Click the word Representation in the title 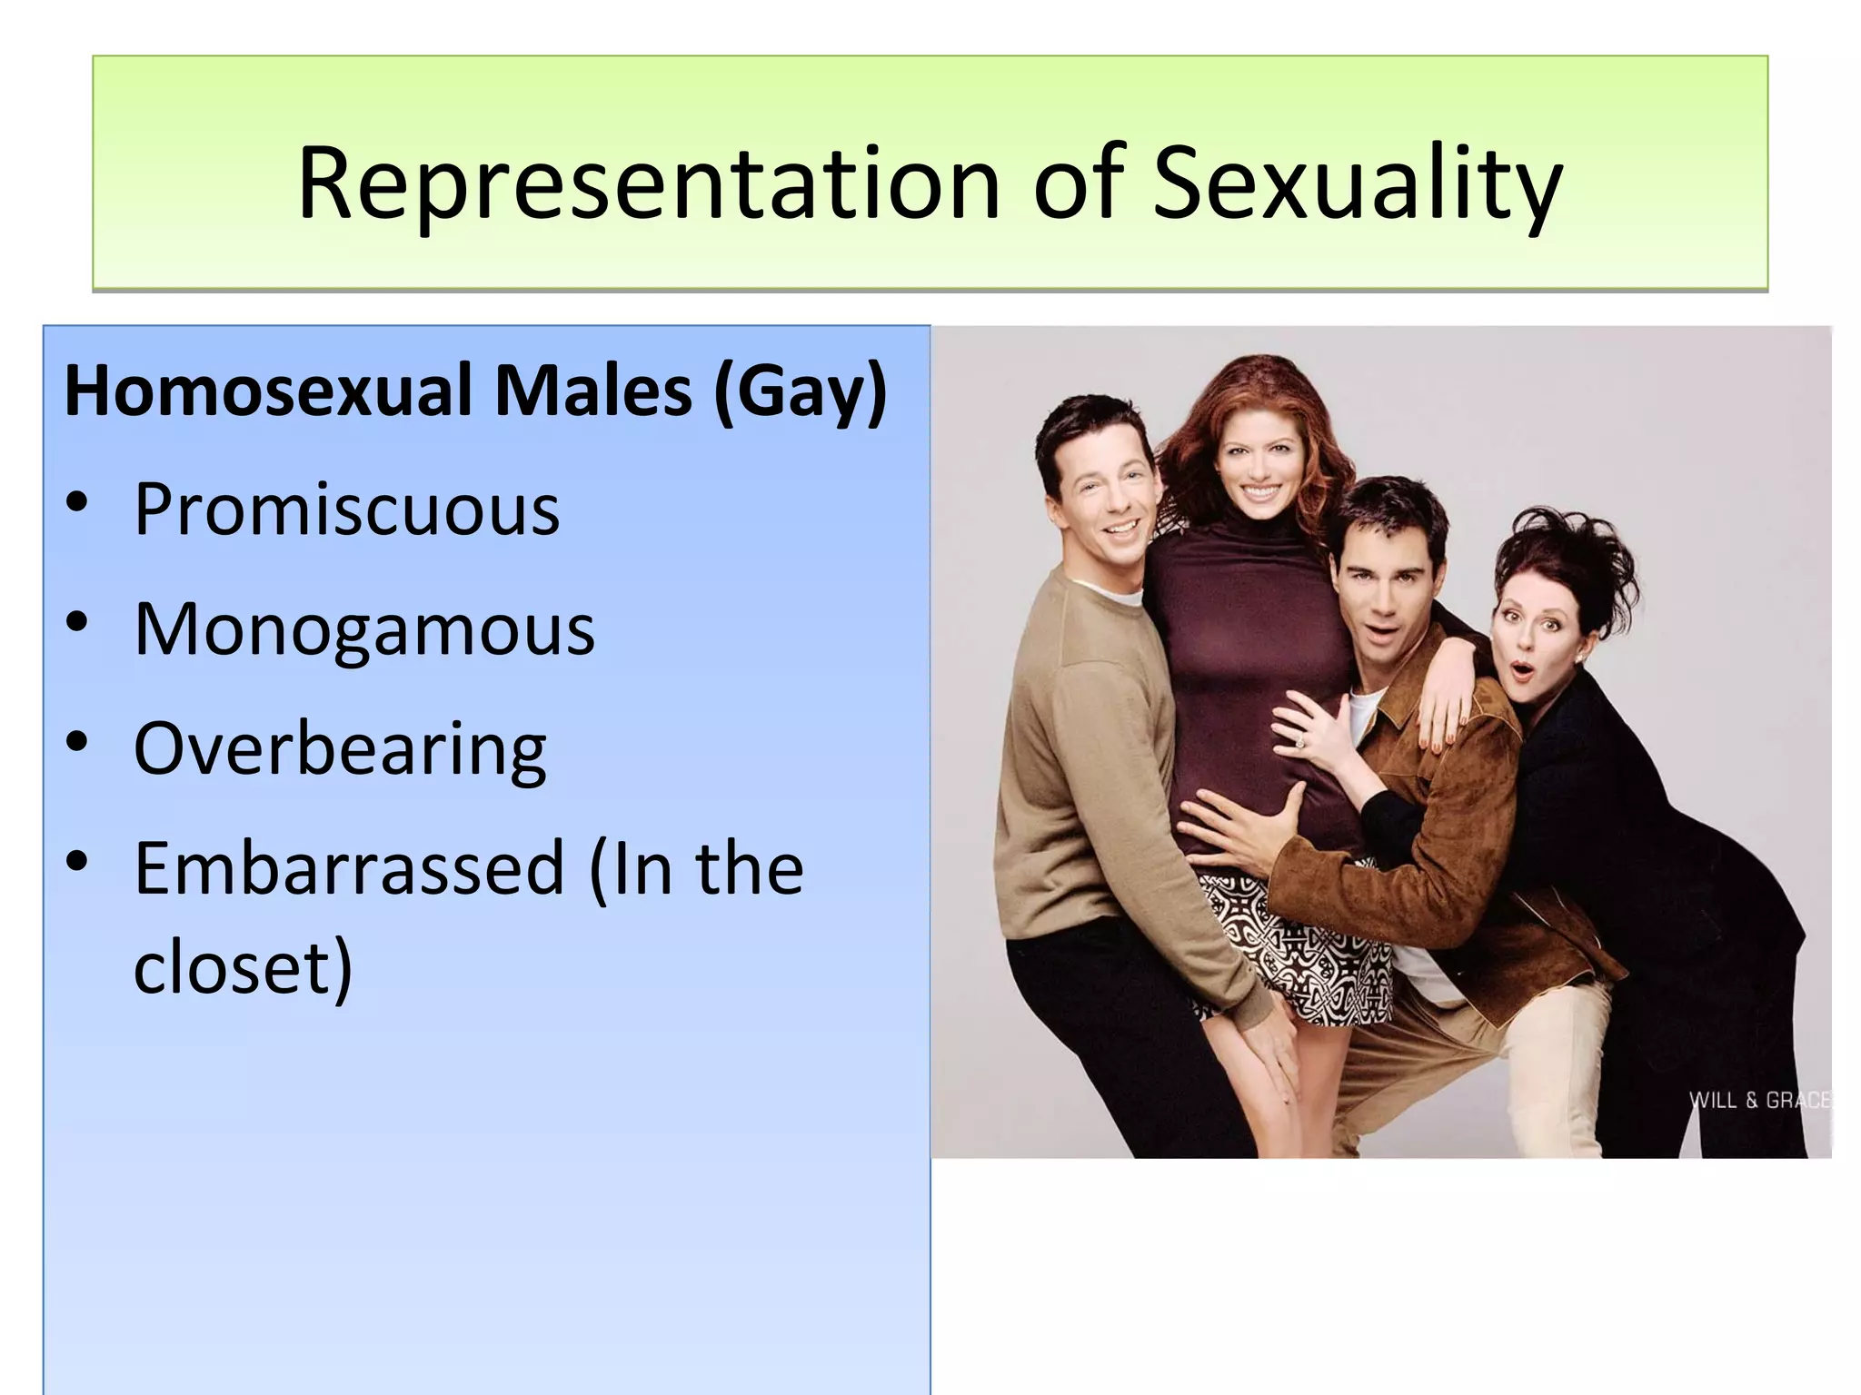click(x=649, y=184)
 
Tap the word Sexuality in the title click(x=1358, y=184)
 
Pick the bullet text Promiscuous click(x=346, y=510)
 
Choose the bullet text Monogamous click(x=364, y=628)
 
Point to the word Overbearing click(x=340, y=749)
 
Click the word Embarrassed click(x=350, y=868)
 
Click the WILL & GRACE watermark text click(x=1757, y=1100)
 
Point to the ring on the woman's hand click(x=1299, y=743)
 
